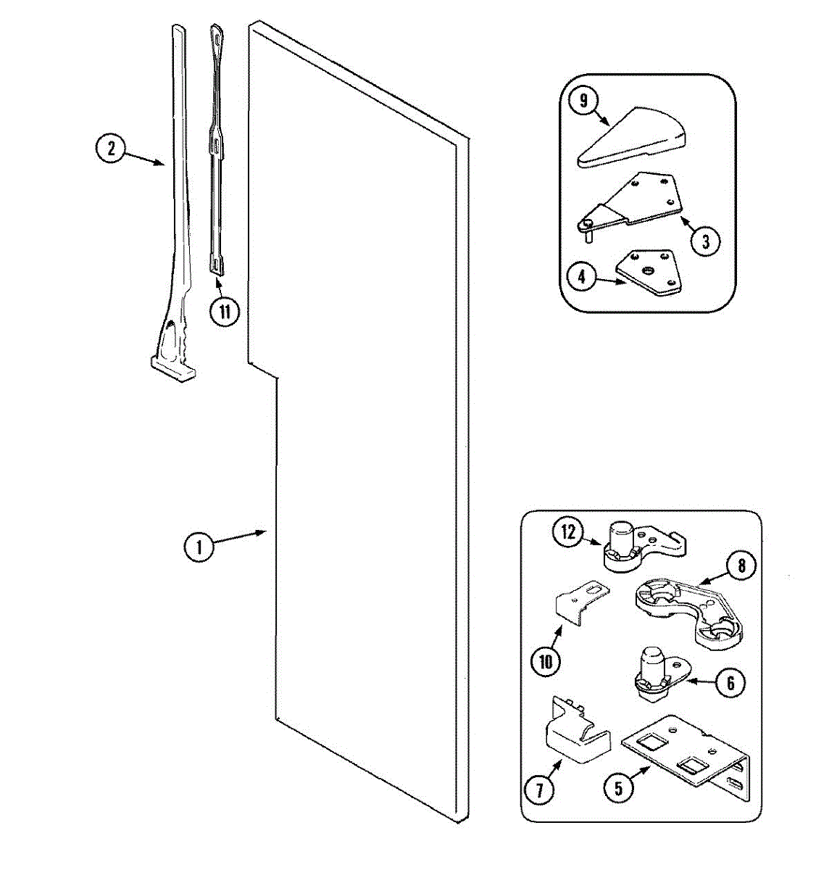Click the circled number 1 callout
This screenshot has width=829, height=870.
(199, 546)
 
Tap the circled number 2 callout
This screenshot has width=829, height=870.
(111, 149)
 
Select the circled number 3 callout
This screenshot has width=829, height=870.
(705, 240)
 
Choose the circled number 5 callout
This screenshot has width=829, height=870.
(617, 788)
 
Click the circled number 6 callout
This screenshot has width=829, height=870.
(730, 683)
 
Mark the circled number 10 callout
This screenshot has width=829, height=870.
(545, 661)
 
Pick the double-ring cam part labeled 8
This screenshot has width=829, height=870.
(688, 609)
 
